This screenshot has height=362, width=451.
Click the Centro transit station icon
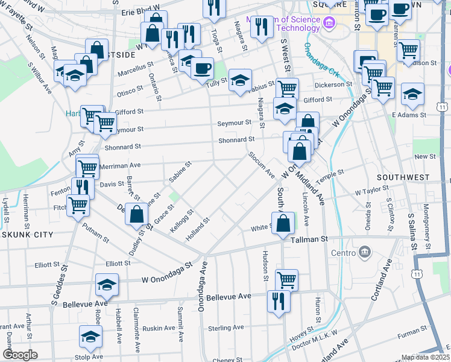pyautogui.click(x=364, y=251)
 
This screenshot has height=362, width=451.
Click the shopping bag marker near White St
pyautogui.click(x=283, y=223)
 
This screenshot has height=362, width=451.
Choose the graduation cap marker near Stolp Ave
pyautogui.click(x=90, y=337)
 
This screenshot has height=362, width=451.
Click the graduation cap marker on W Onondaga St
pyautogui.click(x=107, y=285)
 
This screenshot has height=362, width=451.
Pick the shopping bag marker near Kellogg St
pyautogui.click(x=137, y=214)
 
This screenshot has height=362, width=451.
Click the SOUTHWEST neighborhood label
pyautogui.click(x=403, y=178)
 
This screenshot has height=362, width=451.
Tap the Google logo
pyautogui.click(x=20, y=354)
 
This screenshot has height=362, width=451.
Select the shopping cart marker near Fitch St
pyautogui.click(x=78, y=206)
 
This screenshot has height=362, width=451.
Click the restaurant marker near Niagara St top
pyautogui.click(x=261, y=27)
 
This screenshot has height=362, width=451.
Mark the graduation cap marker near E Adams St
pyautogui.click(x=412, y=94)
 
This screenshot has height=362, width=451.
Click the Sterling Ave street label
pyautogui.click(x=225, y=328)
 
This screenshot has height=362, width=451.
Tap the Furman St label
pyautogui.click(x=412, y=332)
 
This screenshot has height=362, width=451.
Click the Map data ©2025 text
pyautogui.click(x=426, y=357)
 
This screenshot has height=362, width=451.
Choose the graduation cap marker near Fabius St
pyautogui.click(x=240, y=79)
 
